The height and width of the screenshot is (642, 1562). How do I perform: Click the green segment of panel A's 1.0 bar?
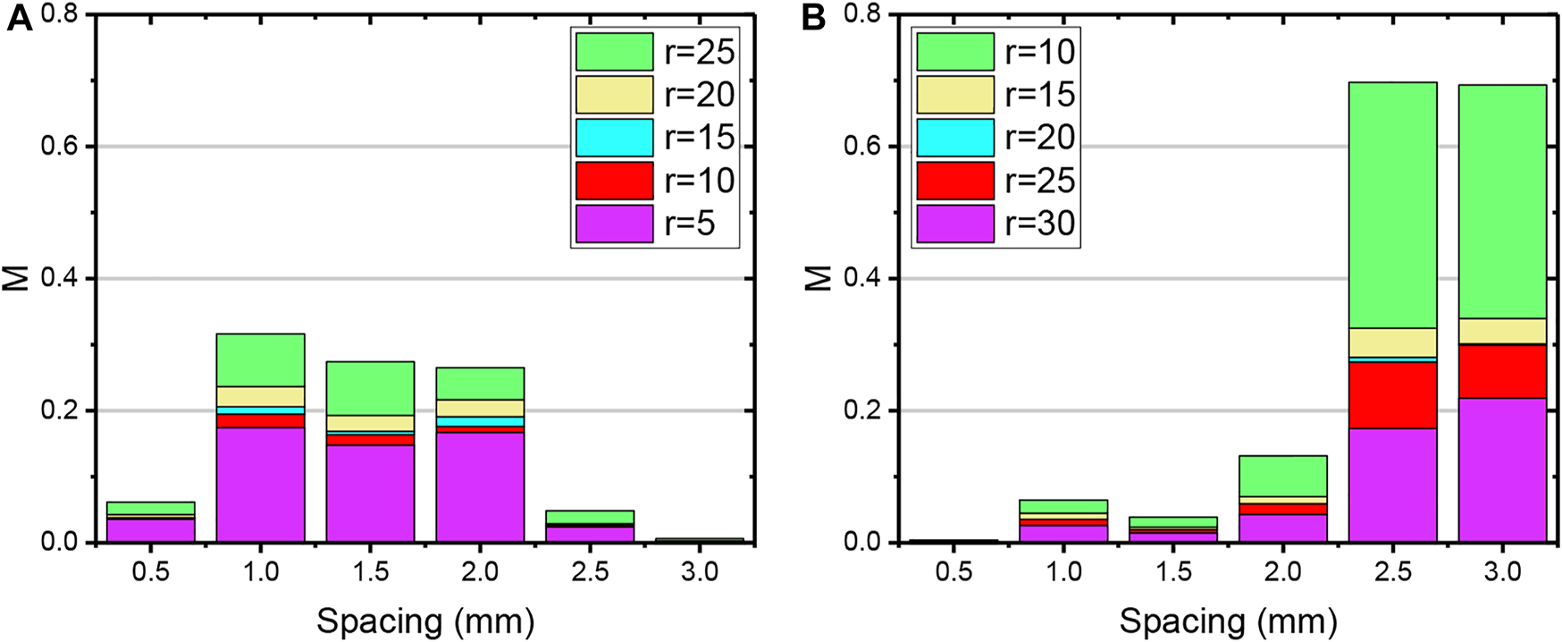coord(260,359)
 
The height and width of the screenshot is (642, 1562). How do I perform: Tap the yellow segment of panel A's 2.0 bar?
coord(480,408)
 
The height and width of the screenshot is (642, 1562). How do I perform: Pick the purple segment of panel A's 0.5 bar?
coord(150,530)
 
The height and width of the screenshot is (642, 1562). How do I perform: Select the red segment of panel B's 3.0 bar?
coord(1502,371)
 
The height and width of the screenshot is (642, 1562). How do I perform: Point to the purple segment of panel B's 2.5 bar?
coord(1392,486)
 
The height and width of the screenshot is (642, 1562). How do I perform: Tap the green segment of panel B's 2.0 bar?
coord(1282,475)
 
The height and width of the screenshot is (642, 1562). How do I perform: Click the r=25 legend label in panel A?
coord(699,52)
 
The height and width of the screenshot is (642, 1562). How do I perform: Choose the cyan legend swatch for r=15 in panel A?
coord(614,138)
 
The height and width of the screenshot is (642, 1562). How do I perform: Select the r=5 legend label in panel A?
coord(689,224)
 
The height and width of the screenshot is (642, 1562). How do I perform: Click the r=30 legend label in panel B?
coord(1039,224)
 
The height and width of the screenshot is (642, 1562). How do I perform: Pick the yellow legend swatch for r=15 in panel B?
coord(954,95)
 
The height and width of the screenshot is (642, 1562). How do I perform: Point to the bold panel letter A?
coord(19,18)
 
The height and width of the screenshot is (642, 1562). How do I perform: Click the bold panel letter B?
coord(813,18)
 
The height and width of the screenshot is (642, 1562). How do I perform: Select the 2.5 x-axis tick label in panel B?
coord(1392,571)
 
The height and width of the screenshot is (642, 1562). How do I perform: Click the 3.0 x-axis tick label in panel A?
coord(700,571)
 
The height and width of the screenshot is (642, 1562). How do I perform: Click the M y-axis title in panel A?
coord(19,278)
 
